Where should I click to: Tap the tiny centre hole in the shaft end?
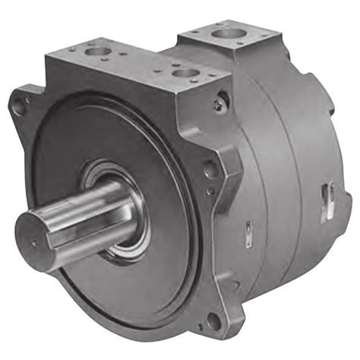33,244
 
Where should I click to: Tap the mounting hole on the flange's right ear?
210,169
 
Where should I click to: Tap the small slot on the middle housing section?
248,228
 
